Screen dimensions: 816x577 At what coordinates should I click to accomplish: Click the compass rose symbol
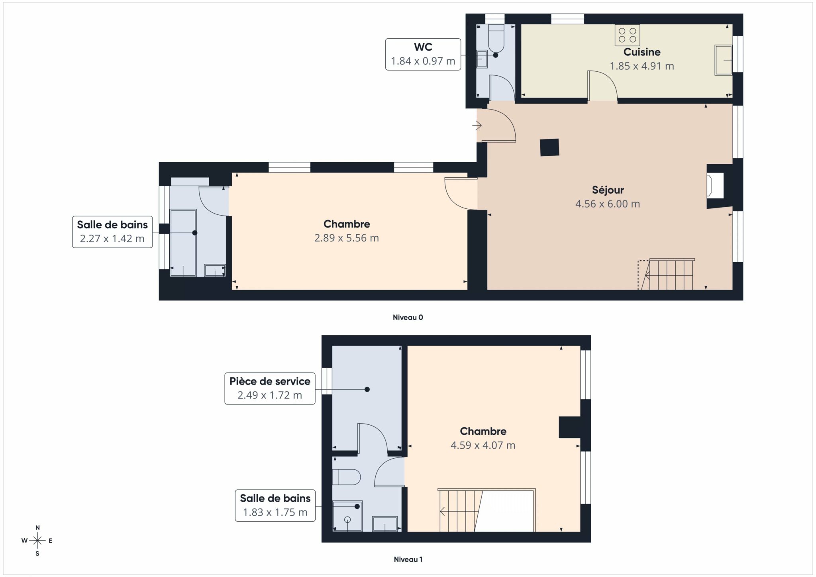pos(37,541)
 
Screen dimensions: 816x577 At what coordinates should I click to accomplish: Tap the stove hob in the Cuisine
pos(627,35)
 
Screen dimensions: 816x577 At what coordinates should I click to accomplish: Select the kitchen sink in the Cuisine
pos(723,60)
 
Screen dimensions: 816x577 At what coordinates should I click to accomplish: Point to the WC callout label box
pos(423,54)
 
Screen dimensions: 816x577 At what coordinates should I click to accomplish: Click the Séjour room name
pos(608,190)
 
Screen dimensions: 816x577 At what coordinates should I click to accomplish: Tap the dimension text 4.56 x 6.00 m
pos(608,204)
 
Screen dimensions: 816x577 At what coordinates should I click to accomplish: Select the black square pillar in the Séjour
pos(549,147)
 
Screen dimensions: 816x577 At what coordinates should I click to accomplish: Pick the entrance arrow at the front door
pos(477,126)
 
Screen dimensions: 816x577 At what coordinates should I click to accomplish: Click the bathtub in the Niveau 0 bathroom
pos(183,243)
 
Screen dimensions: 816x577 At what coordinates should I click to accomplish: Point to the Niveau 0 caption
pos(408,318)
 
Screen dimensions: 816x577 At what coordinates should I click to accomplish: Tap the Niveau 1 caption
pos(408,559)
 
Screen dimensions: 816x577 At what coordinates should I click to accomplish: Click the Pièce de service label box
pos(270,389)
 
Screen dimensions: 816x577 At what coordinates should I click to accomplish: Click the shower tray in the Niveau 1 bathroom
pos(347,516)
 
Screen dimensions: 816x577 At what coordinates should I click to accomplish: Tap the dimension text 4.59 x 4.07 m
pos(483,446)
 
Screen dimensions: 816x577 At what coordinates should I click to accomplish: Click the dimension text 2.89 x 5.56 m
pos(347,238)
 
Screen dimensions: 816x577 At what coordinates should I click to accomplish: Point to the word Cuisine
pos(642,52)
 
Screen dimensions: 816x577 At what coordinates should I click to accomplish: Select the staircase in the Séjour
pos(666,274)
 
